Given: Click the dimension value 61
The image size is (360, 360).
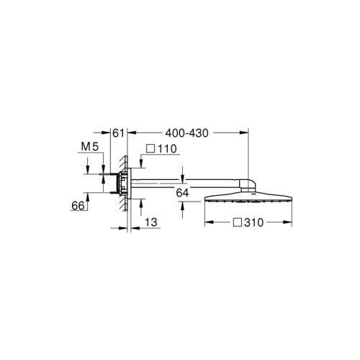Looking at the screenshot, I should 119,132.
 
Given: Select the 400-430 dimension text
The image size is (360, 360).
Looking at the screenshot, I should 186,132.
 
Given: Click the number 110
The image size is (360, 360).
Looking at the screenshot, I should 167,149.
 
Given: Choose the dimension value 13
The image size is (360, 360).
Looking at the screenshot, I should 150,223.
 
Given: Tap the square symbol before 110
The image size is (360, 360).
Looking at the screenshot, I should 150,149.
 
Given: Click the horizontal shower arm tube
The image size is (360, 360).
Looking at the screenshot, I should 187,181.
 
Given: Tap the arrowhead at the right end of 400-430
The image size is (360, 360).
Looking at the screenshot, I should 246,132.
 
